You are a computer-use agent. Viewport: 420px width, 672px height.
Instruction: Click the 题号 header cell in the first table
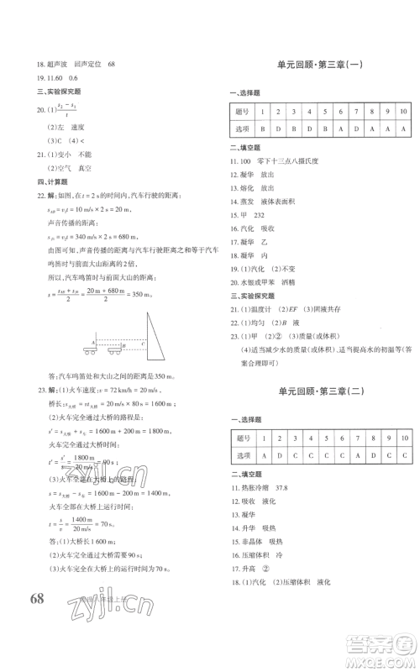click(x=244, y=112)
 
